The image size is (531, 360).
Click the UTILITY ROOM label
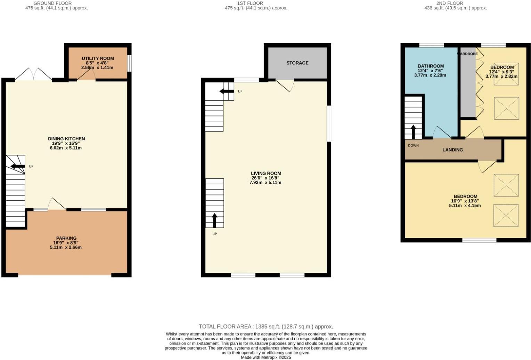click(x=98, y=58)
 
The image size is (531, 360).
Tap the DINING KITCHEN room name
click(x=66, y=139)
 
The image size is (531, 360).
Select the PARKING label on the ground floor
click(x=66, y=238)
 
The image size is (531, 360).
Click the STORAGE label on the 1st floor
click(x=297, y=63)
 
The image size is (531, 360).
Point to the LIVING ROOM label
click(x=266, y=173)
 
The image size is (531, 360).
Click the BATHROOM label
click(x=431, y=66)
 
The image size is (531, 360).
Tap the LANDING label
click(x=452, y=150)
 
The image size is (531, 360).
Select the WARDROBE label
click(x=467, y=54)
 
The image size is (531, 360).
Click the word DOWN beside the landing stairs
click(x=413, y=145)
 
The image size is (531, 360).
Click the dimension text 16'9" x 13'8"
click(x=465, y=201)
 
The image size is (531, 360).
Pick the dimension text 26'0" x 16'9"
click(x=265, y=178)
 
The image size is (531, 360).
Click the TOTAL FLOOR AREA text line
click(x=266, y=327)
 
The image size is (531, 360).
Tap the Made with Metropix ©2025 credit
click(x=266, y=357)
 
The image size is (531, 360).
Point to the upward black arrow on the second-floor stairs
click(x=413, y=132)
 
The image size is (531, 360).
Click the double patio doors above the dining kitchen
click(x=33, y=74)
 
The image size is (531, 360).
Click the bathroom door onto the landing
click(x=441, y=132)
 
